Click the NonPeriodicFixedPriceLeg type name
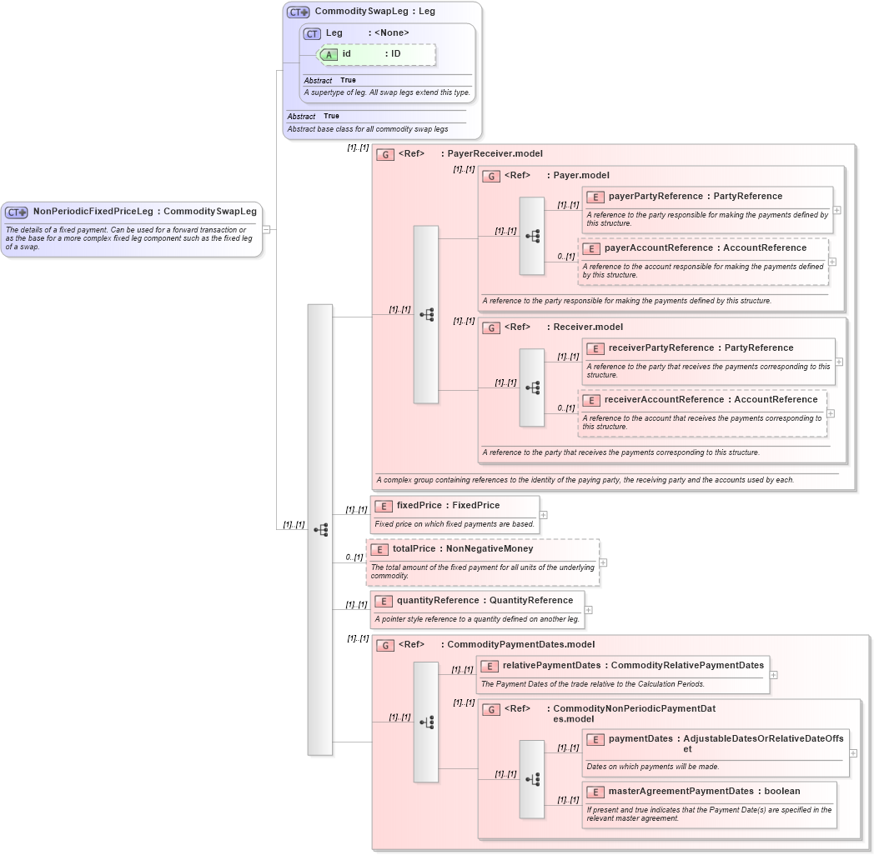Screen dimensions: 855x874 [x=93, y=212]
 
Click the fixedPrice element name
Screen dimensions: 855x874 [x=419, y=506]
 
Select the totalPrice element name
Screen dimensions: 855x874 [x=414, y=549]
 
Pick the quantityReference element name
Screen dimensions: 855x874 [x=439, y=601]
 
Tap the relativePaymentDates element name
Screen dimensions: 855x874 [x=551, y=666]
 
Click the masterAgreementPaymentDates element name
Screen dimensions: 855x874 [x=681, y=792]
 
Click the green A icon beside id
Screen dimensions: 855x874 [x=329, y=54]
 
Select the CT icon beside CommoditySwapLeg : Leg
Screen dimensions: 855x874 [x=298, y=12]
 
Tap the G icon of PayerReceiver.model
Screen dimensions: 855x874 [x=385, y=154]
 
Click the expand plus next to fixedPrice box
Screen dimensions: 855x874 [x=544, y=515]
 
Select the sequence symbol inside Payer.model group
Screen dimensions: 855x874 [x=532, y=236]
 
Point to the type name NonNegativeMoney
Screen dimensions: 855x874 [x=490, y=549]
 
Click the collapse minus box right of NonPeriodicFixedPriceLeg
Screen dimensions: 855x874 [x=266, y=229]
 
